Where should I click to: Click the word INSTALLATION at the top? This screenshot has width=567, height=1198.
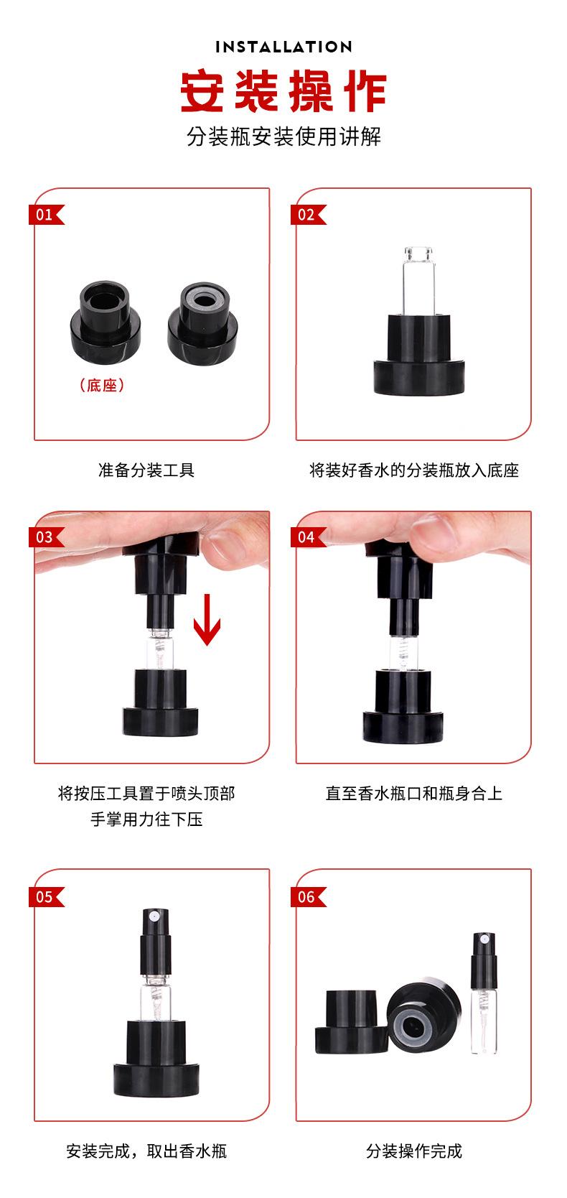coord(283,47)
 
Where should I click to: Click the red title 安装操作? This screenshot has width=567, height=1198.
coord(283,91)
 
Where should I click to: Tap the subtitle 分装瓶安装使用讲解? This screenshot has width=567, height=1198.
coord(283,137)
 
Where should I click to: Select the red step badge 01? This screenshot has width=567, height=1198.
coord(46,215)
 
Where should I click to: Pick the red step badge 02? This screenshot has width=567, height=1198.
coord(309,215)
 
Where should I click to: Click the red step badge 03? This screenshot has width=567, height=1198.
coord(46,537)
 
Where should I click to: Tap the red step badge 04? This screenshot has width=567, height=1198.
coord(309,537)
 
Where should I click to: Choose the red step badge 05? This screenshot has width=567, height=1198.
coord(46,897)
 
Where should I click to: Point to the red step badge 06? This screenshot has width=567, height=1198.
coord(309,897)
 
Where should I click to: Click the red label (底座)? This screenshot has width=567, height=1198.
coord(101,385)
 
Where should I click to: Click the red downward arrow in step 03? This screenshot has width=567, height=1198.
coord(207,619)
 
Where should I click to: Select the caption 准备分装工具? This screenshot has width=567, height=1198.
coord(146,470)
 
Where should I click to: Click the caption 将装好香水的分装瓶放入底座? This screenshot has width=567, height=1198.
coord(414,470)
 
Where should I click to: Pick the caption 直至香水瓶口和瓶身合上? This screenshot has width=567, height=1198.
coord(414,793)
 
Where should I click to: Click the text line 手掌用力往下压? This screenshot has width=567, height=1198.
coord(146,819)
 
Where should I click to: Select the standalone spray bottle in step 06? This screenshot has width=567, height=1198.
coord(484,993)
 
